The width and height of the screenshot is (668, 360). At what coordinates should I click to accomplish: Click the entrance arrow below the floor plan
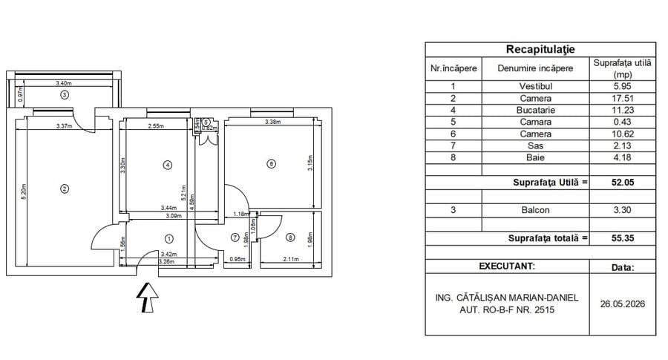[x=148, y=297]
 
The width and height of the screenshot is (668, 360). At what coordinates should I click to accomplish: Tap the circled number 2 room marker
[x=65, y=189]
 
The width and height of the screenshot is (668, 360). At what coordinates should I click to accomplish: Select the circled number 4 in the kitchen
[x=168, y=165]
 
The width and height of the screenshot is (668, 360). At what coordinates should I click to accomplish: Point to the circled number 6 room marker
[x=271, y=163]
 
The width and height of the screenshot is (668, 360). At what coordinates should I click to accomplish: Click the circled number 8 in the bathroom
[x=290, y=238]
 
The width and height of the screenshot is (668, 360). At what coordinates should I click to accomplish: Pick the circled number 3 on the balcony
[x=65, y=94]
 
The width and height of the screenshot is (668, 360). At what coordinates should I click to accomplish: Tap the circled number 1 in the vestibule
[x=169, y=239]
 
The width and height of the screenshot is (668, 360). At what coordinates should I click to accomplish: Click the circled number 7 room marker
[x=235, y=238]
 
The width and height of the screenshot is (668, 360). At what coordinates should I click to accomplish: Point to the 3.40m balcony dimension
[x=64, y=83]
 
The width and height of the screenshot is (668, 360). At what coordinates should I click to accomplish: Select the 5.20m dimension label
[x=24, y=192]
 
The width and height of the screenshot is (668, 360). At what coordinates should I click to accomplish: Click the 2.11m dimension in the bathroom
[x=291, y=259]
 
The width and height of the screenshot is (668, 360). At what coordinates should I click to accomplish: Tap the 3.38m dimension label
[x=272, y=122]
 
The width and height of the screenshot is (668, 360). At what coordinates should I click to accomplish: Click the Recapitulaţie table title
[x=540, y=50]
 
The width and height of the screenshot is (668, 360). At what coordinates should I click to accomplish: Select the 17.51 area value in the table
[x=623, y=99]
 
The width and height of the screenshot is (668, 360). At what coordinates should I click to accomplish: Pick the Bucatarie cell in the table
[x=535, y=111]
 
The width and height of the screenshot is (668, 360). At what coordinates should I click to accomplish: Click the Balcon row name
[x=535, y=210]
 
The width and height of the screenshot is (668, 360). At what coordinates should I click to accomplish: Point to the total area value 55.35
[x=623, y=238]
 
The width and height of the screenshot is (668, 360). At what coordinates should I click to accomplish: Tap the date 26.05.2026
[x=623, y=304]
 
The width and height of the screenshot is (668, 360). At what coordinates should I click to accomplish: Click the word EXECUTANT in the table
[x=506, y=266]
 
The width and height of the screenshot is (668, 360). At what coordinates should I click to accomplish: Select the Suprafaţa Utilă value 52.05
[x=623, y=183]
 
